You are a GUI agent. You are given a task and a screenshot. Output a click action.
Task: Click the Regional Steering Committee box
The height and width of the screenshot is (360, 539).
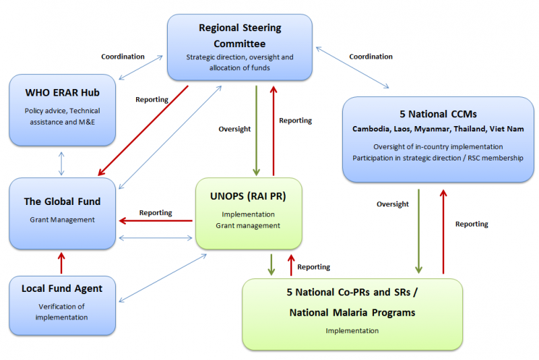click(240, 45)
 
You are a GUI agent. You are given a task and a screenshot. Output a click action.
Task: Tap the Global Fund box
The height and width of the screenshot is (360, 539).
click(62, 213)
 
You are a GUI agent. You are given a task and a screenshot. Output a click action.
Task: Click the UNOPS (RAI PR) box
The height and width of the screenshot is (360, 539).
click(248, 213)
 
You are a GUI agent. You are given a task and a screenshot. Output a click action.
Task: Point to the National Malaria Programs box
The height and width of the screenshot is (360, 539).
click(352, 313)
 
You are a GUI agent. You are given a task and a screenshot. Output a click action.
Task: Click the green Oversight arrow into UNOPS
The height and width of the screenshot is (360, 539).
click(256, 128)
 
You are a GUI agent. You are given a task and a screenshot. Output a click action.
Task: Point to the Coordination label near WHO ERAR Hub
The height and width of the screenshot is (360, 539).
click(123, 57)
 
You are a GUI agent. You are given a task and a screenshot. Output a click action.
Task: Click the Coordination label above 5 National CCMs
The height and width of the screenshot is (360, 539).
click(371, 57)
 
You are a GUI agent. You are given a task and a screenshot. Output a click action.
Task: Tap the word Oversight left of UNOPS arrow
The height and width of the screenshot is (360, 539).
click(234, 129)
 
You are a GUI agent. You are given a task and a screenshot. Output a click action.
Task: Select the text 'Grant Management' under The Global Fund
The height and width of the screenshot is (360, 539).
click(62, 219)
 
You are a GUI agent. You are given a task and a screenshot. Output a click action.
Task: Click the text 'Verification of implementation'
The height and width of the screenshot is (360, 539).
click(61, 312)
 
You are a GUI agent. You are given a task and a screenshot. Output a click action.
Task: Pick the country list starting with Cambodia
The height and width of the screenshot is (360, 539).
click(438, 129)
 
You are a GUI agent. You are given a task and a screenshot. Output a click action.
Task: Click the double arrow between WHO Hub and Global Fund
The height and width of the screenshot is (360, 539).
click(62, 163)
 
